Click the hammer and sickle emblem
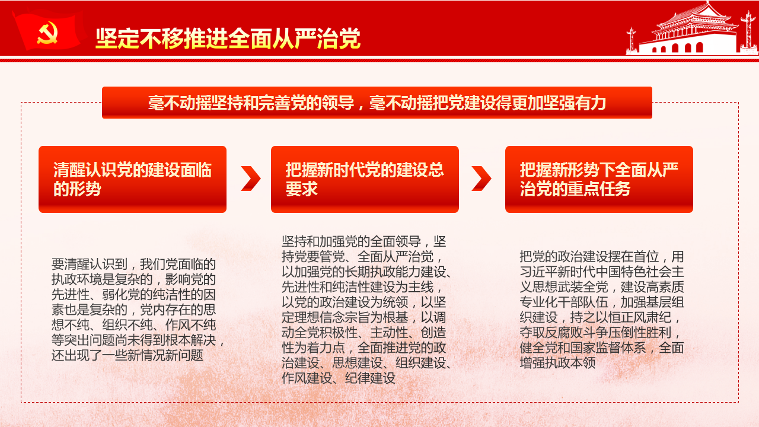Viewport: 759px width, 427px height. coord(47,33)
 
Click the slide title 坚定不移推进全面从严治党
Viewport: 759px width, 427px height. coord(228,38)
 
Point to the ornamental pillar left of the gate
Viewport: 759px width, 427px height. coord(632,41)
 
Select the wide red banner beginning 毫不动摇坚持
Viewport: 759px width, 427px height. coord(377,103)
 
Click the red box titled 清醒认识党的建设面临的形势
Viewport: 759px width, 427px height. coord(132,179)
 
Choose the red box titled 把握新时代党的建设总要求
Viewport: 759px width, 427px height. coord(365,179)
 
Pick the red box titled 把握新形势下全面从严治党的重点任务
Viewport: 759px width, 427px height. coord(599,179)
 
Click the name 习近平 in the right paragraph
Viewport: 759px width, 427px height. coord(539,272)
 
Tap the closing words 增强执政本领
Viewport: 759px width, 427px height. coord(558,363)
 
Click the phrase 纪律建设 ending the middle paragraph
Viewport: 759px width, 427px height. coord(370,378)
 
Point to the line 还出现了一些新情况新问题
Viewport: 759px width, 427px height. coord(127,355)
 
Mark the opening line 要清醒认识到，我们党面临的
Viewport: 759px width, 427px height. coord(133,264)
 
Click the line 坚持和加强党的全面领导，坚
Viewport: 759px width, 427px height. coord(364,241)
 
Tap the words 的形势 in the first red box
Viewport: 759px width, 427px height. coord(77,189)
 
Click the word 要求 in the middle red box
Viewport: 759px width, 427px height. coord(302,189)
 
